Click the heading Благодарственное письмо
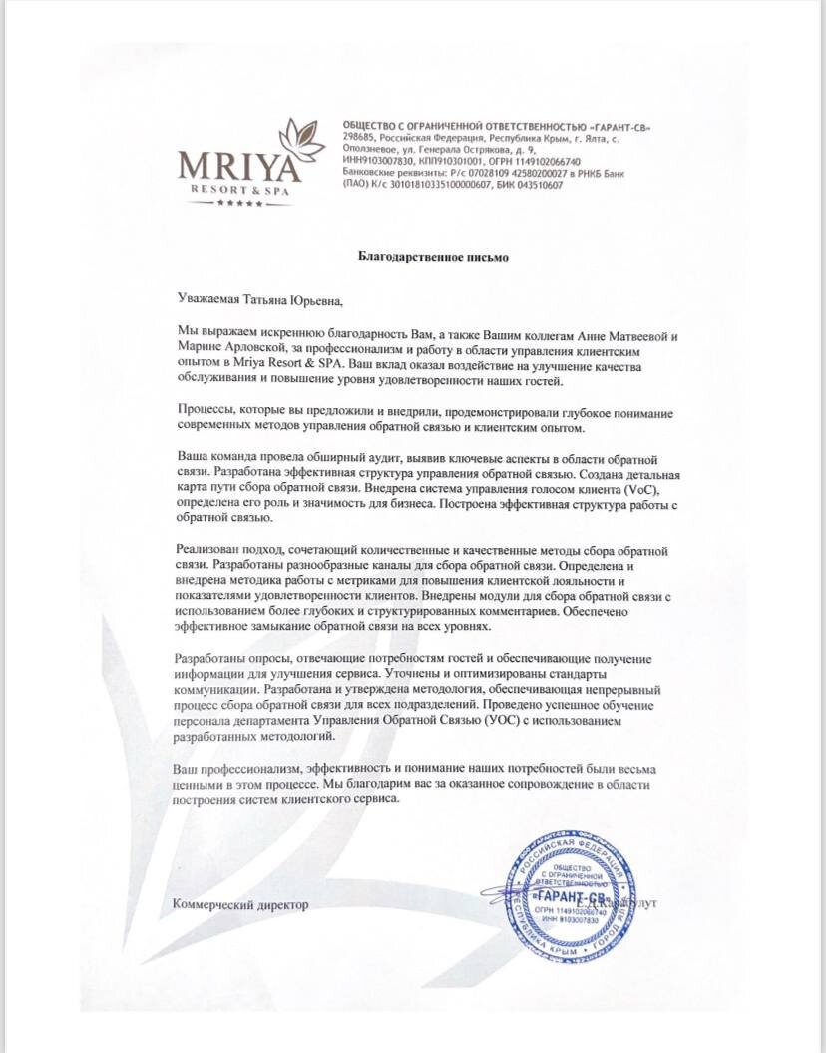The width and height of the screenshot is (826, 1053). [x=434, y=257]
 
